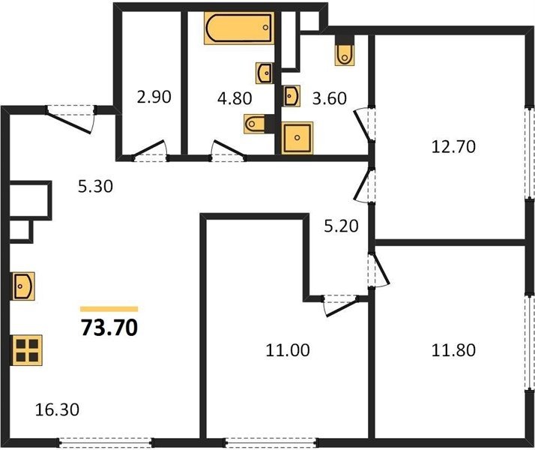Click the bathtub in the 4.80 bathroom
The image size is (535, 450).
pos(239,28)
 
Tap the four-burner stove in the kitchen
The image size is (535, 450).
pos(27,350)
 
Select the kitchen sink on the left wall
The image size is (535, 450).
pos(23,286)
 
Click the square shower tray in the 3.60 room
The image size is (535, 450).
pos(297,138)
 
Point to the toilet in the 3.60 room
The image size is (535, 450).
pos(345,51)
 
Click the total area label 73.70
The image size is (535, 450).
pos(109,328)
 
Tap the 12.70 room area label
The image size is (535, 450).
pos(453,147)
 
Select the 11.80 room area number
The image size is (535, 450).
pos(453,350)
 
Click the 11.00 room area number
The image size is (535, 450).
pos(288,350)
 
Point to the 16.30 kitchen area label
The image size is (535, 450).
pos(57,409)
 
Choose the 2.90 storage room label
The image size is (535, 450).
pos(154,97)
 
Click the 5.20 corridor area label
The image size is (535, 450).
pos(341,226)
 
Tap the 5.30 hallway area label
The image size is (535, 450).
pos(95,187)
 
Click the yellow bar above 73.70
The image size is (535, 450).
pos(109,309)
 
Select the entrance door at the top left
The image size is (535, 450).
pos(70,118)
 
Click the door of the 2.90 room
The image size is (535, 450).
pos(150,151)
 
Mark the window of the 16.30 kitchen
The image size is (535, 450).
pos(105,442)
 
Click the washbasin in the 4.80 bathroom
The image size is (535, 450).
pos(265,73)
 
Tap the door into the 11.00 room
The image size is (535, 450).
pos(340,305)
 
